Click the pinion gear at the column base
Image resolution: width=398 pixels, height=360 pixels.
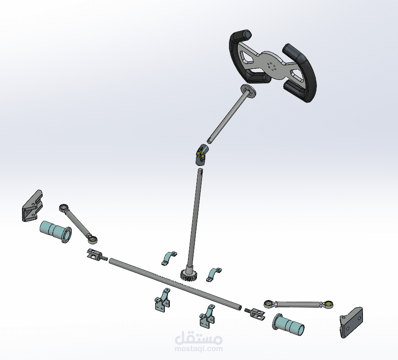(189, 275)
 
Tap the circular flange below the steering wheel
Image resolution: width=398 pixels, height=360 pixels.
(248, 91)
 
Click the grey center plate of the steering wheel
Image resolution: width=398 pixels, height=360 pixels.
(272, 65)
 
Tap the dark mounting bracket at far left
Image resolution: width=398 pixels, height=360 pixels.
(33, 206)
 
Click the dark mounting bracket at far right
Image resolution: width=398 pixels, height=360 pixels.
(351, 322)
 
